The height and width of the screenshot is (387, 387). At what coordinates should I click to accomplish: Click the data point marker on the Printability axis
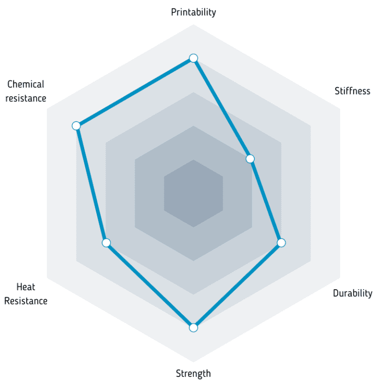(x=193, y=58)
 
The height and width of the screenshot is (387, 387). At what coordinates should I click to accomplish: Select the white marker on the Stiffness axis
(x=250, y=159)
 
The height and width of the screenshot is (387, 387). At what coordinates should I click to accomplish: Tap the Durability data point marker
(x=281, y=243)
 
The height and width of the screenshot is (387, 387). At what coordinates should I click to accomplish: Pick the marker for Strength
(x=193, y=328)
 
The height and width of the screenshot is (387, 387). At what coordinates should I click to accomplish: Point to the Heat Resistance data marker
(x=106, y=243)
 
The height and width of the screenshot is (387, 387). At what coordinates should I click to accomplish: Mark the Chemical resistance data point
(x=76, y=125)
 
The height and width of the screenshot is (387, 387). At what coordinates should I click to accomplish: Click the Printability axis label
(x=193, y=12)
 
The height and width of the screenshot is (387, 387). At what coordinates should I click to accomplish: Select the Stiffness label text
(x=352, y=91)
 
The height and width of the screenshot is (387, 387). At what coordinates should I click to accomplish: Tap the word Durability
(x=352, y=293)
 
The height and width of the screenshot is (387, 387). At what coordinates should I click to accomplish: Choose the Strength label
(x=193, y=373)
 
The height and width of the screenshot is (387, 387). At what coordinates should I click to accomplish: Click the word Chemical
(x=26, y=85)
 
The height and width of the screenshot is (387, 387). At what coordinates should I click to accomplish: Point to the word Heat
(x=26, y=287)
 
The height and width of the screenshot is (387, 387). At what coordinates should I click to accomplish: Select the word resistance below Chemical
(x=26, y=98)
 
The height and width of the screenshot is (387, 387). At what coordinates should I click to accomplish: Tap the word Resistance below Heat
(x=26, y=301)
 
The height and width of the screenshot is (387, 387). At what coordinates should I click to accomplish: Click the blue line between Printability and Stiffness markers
(x=222, y=109)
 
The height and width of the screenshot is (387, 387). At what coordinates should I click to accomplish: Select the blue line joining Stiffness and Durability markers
(x=266, y=201)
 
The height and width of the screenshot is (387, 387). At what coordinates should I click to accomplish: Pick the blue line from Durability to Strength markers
(x=237, y=285)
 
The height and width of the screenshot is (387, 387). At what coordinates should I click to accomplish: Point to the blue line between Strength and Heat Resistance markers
(x=150, y=285)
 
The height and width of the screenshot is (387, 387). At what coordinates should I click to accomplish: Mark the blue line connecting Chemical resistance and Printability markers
(x=135, y=92)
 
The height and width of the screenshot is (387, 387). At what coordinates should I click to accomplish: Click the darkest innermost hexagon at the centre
(x=193, y=193)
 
